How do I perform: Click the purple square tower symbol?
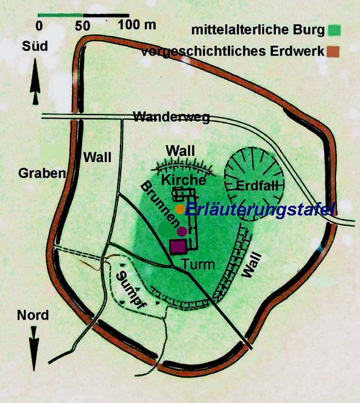[x=178, y=247]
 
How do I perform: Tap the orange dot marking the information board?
[x=180, y=209]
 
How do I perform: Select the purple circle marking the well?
[x=182, y=231]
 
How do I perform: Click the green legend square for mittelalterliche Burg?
[x=334, y=30]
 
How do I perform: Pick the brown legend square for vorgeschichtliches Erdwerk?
[x=333, y=52]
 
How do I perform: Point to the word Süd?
[x=35, y=46]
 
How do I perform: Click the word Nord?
[x=33, y=315]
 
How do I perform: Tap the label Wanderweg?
[x=172, y=117]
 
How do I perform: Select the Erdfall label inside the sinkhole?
[x=257, y=186]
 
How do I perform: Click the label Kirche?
[x=183, y=180]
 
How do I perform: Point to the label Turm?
[x=198, y=264]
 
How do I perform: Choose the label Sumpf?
[x=130, y=290]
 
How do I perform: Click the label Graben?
[x=42, y=173]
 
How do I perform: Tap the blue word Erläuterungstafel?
[x=260, y=210]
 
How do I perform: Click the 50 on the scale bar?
[x=83, y=26]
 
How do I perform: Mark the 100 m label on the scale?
[x=137, y=25]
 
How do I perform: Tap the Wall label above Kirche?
[x=180, y=150]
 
